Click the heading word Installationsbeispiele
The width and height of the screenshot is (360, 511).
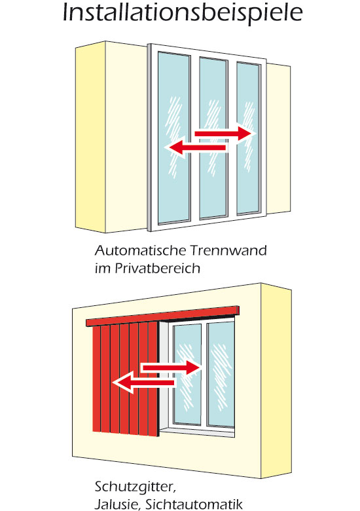(x=183, y=13)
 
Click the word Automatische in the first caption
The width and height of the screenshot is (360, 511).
(x=141, y=250)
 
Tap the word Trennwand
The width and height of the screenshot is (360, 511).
(x=228, y=250)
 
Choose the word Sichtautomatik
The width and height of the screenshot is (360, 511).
(x=194, y=504)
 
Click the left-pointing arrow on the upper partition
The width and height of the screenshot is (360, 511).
(x=197, y=148)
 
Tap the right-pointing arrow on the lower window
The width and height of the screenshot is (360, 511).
(x=171, y=368)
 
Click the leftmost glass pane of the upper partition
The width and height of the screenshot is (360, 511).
(x=174, y=138)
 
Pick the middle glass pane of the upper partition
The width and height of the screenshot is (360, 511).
(x=213, y=138)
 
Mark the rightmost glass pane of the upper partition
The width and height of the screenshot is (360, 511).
(x=248, y=138)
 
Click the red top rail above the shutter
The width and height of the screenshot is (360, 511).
(x=162, y=316)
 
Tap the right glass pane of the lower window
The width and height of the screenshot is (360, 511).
(x=221, y=374)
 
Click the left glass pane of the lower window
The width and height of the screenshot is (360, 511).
(x=187, y=374)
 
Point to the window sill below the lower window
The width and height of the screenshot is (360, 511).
(x=198, y=432)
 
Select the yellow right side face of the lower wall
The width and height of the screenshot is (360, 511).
(x=276, y=381)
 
